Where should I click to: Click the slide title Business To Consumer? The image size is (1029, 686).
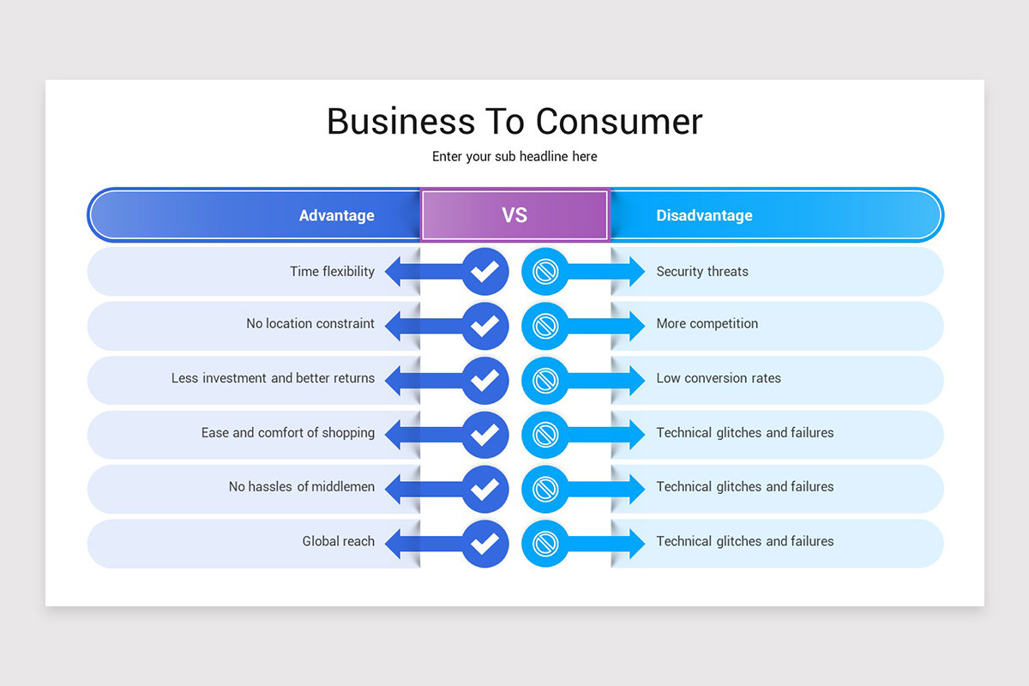point(514,121)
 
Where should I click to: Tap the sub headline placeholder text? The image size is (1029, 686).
point(514,157)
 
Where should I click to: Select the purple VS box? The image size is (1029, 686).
point(514,215)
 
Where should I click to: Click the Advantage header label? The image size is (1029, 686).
point(336,216)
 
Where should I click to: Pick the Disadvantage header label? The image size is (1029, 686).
point(704,216)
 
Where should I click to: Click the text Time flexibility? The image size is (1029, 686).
point(332,272)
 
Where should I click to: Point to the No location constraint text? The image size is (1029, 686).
point(310,324)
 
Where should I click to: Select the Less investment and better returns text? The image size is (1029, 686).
point(273,378)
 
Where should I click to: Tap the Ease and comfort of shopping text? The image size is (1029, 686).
point(287,433)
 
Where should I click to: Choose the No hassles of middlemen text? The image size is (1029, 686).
point(301,487)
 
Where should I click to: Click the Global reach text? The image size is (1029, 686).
point(338,542)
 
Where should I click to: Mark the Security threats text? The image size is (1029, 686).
point(702,272)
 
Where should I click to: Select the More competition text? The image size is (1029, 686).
point(707,324)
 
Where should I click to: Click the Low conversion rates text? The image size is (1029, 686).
point(719,378)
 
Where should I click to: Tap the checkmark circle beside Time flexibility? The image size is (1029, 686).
point(485,272)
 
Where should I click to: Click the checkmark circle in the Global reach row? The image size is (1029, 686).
point(485,543)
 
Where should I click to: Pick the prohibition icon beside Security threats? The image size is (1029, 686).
point(545,272)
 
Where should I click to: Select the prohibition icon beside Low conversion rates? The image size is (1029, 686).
point(545,380)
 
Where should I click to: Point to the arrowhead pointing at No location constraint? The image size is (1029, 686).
point(394,326)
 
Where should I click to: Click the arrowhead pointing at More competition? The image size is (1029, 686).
point(636,326)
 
